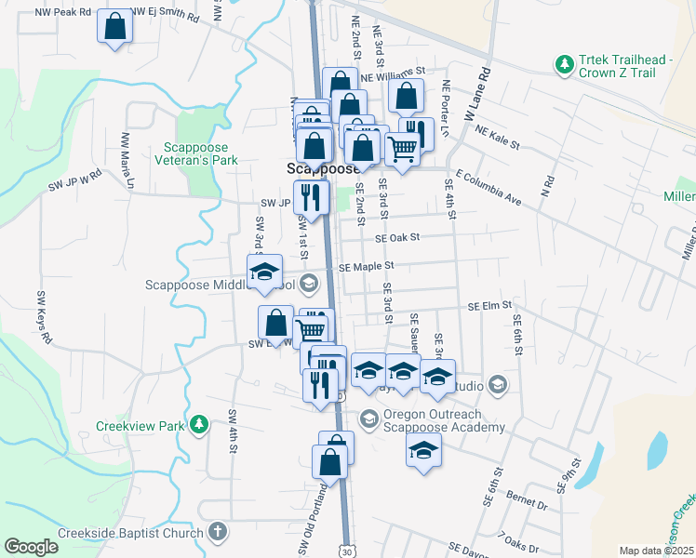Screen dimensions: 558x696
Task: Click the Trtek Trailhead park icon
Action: click(563, 64)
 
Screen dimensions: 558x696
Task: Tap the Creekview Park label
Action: click(140, 426)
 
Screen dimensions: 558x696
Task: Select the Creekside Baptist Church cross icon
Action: click(217, 533)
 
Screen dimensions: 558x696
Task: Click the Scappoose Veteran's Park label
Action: click(201, 153)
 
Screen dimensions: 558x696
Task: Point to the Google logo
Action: click(31, 547)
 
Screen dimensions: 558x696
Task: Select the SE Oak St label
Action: click(399, 237)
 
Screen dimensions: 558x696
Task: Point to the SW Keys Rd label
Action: click(43, 317)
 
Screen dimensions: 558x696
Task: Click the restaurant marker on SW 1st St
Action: click(310, 197)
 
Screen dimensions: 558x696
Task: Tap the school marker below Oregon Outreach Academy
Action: click(423, 451)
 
